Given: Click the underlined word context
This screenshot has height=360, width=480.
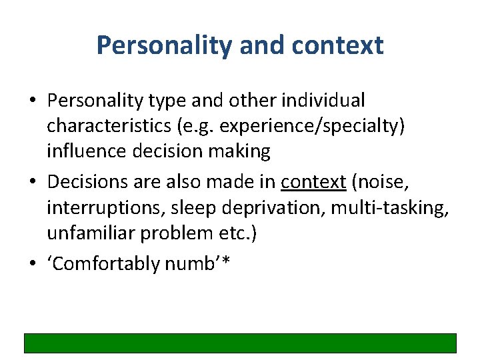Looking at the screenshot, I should click(313, 181).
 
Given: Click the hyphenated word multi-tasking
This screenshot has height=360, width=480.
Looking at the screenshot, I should click(393, 207).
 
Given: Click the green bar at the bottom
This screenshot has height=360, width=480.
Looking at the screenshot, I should click(240, 343).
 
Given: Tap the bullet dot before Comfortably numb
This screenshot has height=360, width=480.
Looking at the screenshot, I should click(33, 264).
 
